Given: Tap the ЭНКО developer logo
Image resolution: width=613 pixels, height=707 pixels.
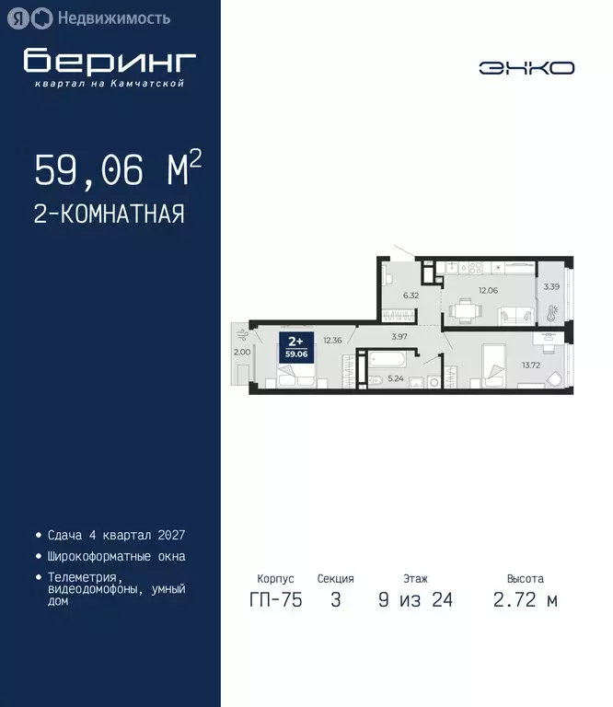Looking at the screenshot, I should tap(526, 67).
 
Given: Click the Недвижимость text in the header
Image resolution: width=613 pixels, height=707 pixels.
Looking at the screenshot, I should tap(113, 17).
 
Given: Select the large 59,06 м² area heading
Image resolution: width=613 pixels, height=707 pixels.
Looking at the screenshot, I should tap(118, 169).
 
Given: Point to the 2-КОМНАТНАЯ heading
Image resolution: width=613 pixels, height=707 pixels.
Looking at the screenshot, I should tap(110, 214).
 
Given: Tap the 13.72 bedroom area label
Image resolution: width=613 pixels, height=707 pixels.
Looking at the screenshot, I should tap(532, 365).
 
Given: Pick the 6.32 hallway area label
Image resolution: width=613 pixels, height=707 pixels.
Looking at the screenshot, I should tap(411, 296).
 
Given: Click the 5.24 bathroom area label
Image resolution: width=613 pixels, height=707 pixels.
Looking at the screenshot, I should tap(396, 377).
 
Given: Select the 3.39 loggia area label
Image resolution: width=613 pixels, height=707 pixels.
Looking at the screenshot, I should tap(551, 286).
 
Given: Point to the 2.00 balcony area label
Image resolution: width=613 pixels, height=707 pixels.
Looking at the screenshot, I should tap(241, 352).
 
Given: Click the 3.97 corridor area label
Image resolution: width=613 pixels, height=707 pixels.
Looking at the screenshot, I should tap(399, 338).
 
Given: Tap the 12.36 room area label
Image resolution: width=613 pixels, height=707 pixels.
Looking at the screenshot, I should tap(332, 341).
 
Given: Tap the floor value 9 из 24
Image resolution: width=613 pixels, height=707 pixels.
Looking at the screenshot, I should tap(415, 601).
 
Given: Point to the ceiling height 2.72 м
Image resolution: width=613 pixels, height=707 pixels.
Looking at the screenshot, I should tap(526, 601).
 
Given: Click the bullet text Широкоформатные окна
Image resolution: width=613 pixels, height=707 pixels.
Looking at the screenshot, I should tap(115, 556).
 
